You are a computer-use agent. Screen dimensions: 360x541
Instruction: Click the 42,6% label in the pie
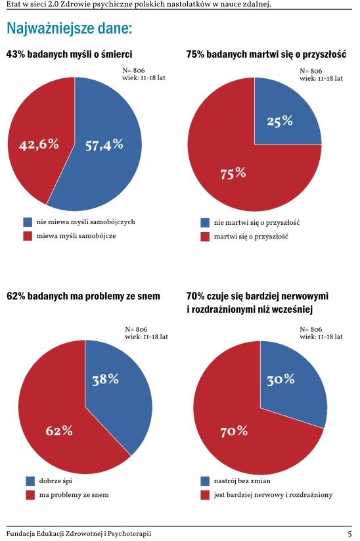(x=39, y=144)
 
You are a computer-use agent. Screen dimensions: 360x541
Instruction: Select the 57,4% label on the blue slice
(x=104, y=145)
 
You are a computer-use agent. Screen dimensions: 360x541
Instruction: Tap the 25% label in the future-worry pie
(x=280, y=121)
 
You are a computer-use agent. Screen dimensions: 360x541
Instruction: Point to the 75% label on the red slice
(x=233, y=172)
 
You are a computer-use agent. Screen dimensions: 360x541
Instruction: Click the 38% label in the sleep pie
(x=105, y=379)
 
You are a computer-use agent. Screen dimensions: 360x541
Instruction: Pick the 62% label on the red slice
(x=59, y=431)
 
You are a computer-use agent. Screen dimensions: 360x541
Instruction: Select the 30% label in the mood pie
(x=281, y=379)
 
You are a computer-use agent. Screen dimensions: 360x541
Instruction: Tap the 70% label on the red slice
(x=234, y=431)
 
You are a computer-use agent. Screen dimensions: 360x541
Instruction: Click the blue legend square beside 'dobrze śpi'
(x=30, y=481)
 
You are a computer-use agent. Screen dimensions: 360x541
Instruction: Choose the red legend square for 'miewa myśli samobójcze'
(x=28, y=236)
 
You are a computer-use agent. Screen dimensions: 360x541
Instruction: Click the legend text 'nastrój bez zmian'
(x=242, y=481)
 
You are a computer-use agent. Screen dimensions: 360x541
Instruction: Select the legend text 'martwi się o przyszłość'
(x=251, y=237)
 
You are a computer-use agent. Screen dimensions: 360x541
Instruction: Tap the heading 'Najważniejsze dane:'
(x=70, y=28)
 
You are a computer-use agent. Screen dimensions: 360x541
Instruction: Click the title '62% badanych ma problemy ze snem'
(x=83, y=296)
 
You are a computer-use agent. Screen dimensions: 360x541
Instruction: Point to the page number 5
(x=349, y=534)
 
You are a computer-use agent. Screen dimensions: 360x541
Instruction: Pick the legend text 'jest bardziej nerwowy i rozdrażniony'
(x=273, y=495)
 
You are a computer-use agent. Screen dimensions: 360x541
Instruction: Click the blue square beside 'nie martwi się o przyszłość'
(x=205, y=223)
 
